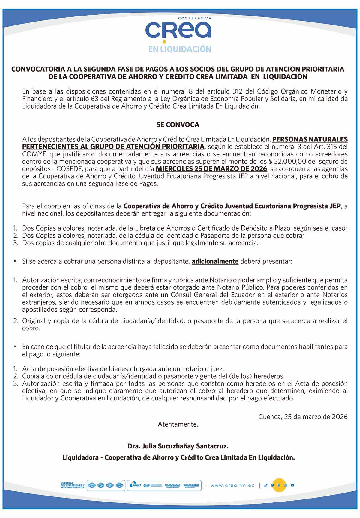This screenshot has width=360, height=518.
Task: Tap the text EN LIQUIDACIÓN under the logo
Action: pyautogui.click(x=180, y=49)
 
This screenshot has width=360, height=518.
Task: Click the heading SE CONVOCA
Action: pyautogui.click(x=178, y=125)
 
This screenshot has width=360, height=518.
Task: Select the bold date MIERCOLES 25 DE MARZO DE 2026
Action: pyautogui.click(x=211, y=169)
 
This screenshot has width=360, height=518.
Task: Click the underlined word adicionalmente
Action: pyautogui.click(x=215, y=261)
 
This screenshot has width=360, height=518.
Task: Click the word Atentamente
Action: pyautogui.click(x=178, y=424)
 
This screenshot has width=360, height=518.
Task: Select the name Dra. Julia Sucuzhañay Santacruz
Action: pyautogui.click(x=178, y=446)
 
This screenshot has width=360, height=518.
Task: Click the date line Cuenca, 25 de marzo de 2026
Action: pyautogui.click(x=303, y=417)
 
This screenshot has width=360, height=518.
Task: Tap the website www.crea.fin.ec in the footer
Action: pyautogui.click(x=232, y=485)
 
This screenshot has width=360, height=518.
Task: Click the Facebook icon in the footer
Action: pyautogui.click(x=279, y=485)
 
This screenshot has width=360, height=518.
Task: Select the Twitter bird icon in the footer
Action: pyautogui.click(x=272, y=485)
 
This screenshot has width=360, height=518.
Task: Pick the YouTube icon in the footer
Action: pyautogui.click(x=292, y=485)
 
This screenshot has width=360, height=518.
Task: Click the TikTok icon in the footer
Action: pyautogui.click(x=265, y=485)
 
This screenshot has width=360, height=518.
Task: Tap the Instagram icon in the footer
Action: pyautogui.click(x=286, y=485)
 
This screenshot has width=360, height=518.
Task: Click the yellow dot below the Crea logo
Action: pyautogui.click(x=164, y=42)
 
